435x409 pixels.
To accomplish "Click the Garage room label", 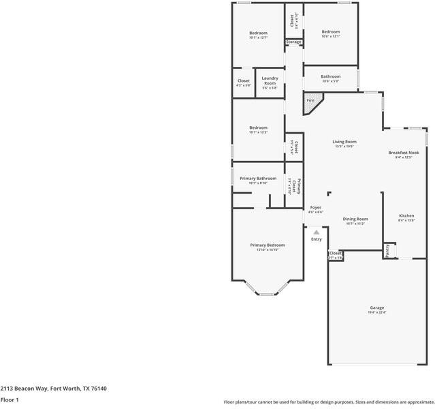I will (376, 307).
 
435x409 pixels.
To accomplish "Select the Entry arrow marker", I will (316, 232).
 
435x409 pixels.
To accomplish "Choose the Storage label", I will (293, 42).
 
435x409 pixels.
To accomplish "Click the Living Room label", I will (344, 142).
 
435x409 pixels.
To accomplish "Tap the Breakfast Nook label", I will (404, 152).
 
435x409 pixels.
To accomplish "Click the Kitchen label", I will (406, 215).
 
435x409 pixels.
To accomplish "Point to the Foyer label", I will (316, 207).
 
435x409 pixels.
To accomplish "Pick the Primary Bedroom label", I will (268, 245).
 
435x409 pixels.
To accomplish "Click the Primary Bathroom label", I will (258, 179).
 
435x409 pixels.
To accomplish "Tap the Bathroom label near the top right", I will (331, 76).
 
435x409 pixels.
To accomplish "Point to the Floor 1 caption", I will (9, 400).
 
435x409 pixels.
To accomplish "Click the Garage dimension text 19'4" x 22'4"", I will (376, 313).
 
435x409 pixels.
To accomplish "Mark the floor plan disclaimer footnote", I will (329, 402).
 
